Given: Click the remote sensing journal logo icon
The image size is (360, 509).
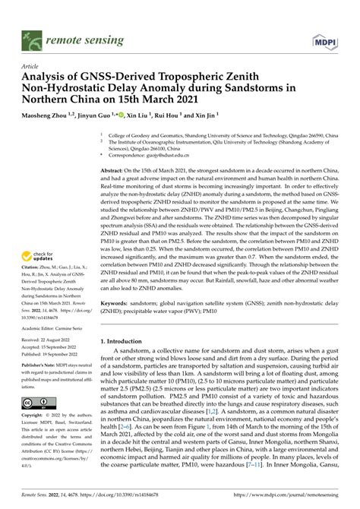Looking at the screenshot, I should click(31, 36).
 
